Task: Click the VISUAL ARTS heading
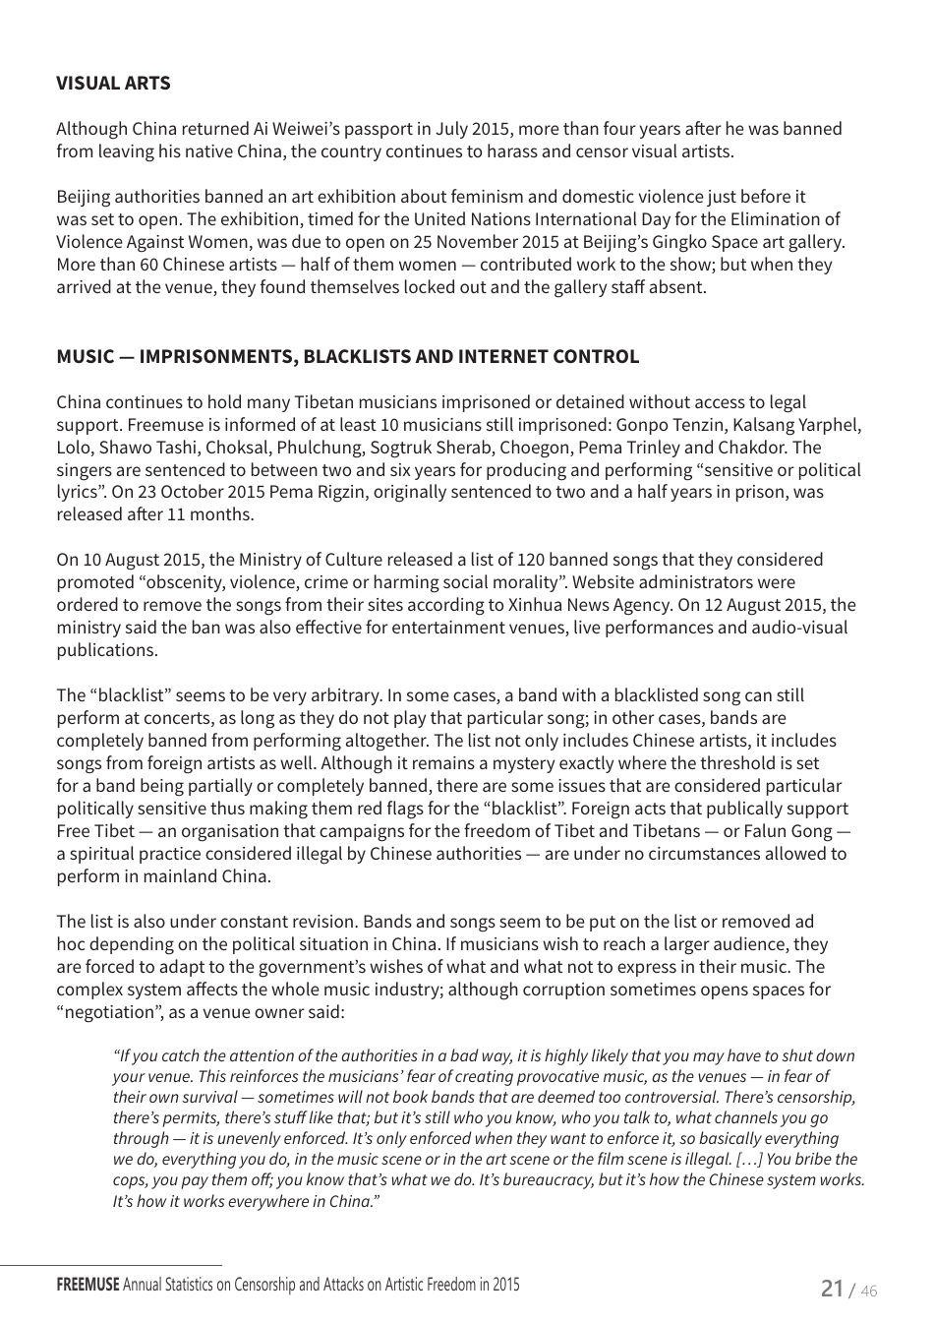113,84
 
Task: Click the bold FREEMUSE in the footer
88,1285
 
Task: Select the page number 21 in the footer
832,1289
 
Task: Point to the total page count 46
868,1291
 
